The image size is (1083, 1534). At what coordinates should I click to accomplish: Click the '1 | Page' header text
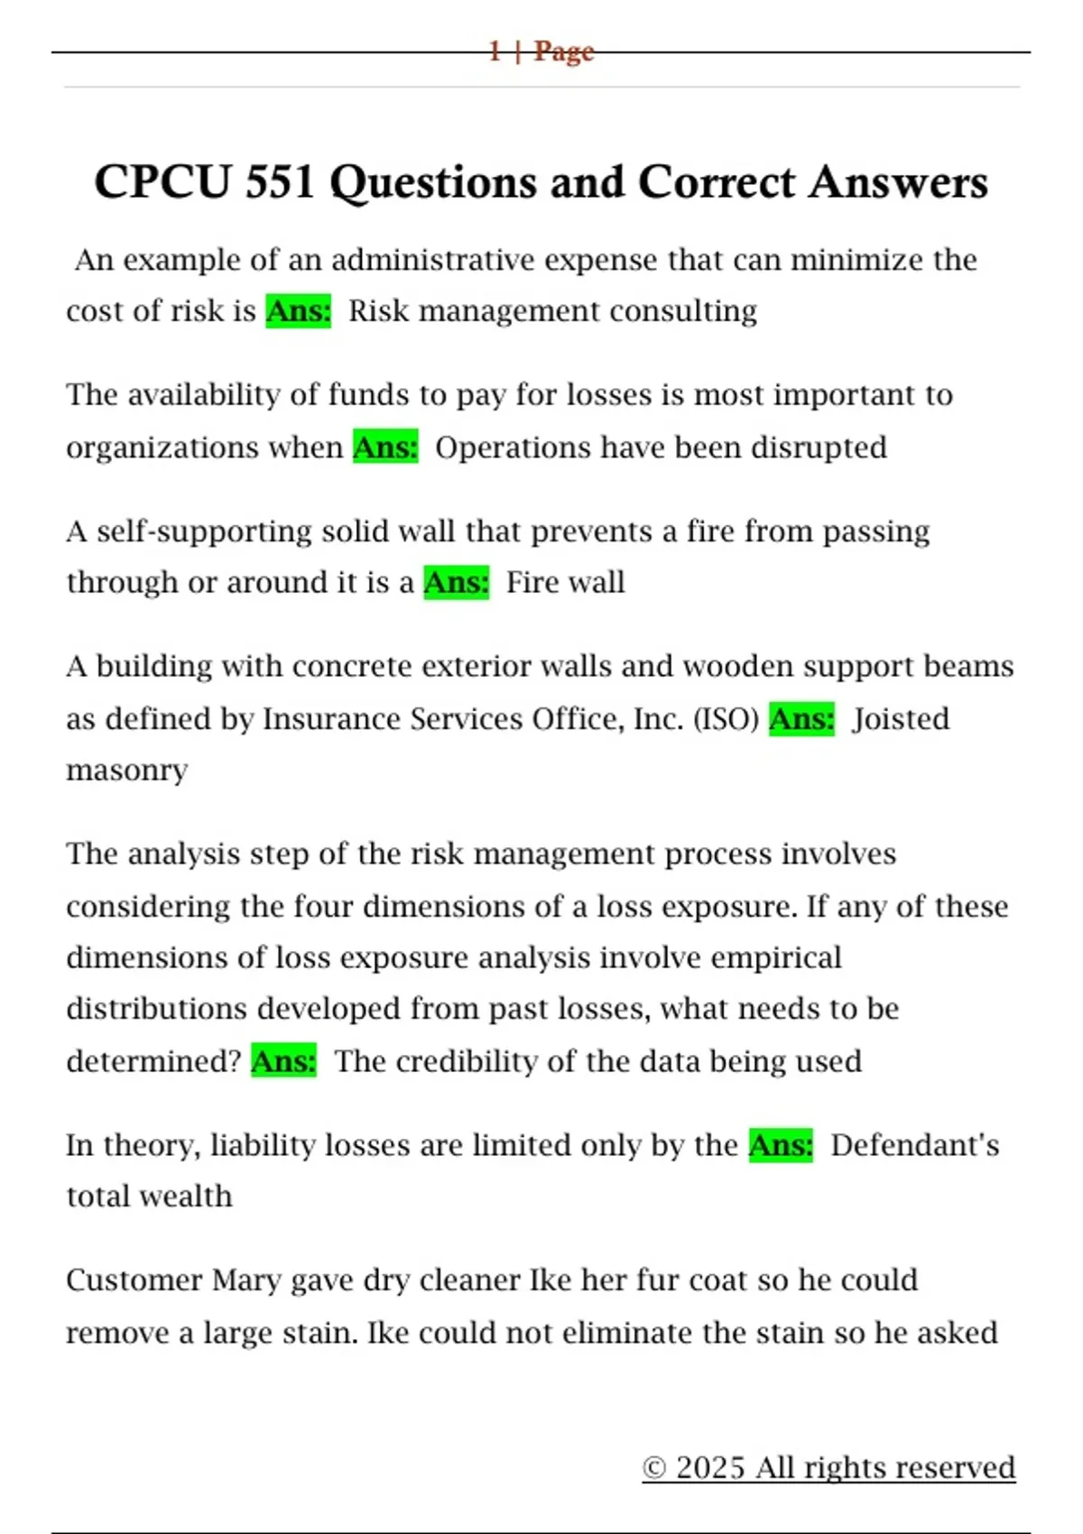541,51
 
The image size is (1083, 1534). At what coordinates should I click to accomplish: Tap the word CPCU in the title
162,181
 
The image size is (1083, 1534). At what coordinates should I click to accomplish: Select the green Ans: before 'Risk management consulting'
299,310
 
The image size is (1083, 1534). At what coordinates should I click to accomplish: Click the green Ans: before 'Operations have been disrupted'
385,447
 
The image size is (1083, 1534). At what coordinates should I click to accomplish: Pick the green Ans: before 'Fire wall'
457,582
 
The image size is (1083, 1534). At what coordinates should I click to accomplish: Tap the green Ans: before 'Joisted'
801,718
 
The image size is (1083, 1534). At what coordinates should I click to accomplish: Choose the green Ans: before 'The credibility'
284,1060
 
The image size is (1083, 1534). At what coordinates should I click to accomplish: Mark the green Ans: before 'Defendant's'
781,1144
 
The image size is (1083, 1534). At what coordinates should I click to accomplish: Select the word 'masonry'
127,771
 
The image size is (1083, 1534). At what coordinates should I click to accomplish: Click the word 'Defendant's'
915,1145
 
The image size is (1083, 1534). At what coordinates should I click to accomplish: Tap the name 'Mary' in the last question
246,1280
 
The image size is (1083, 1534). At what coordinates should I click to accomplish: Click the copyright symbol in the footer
654,1468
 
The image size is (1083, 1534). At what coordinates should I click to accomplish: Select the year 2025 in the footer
710,1468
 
